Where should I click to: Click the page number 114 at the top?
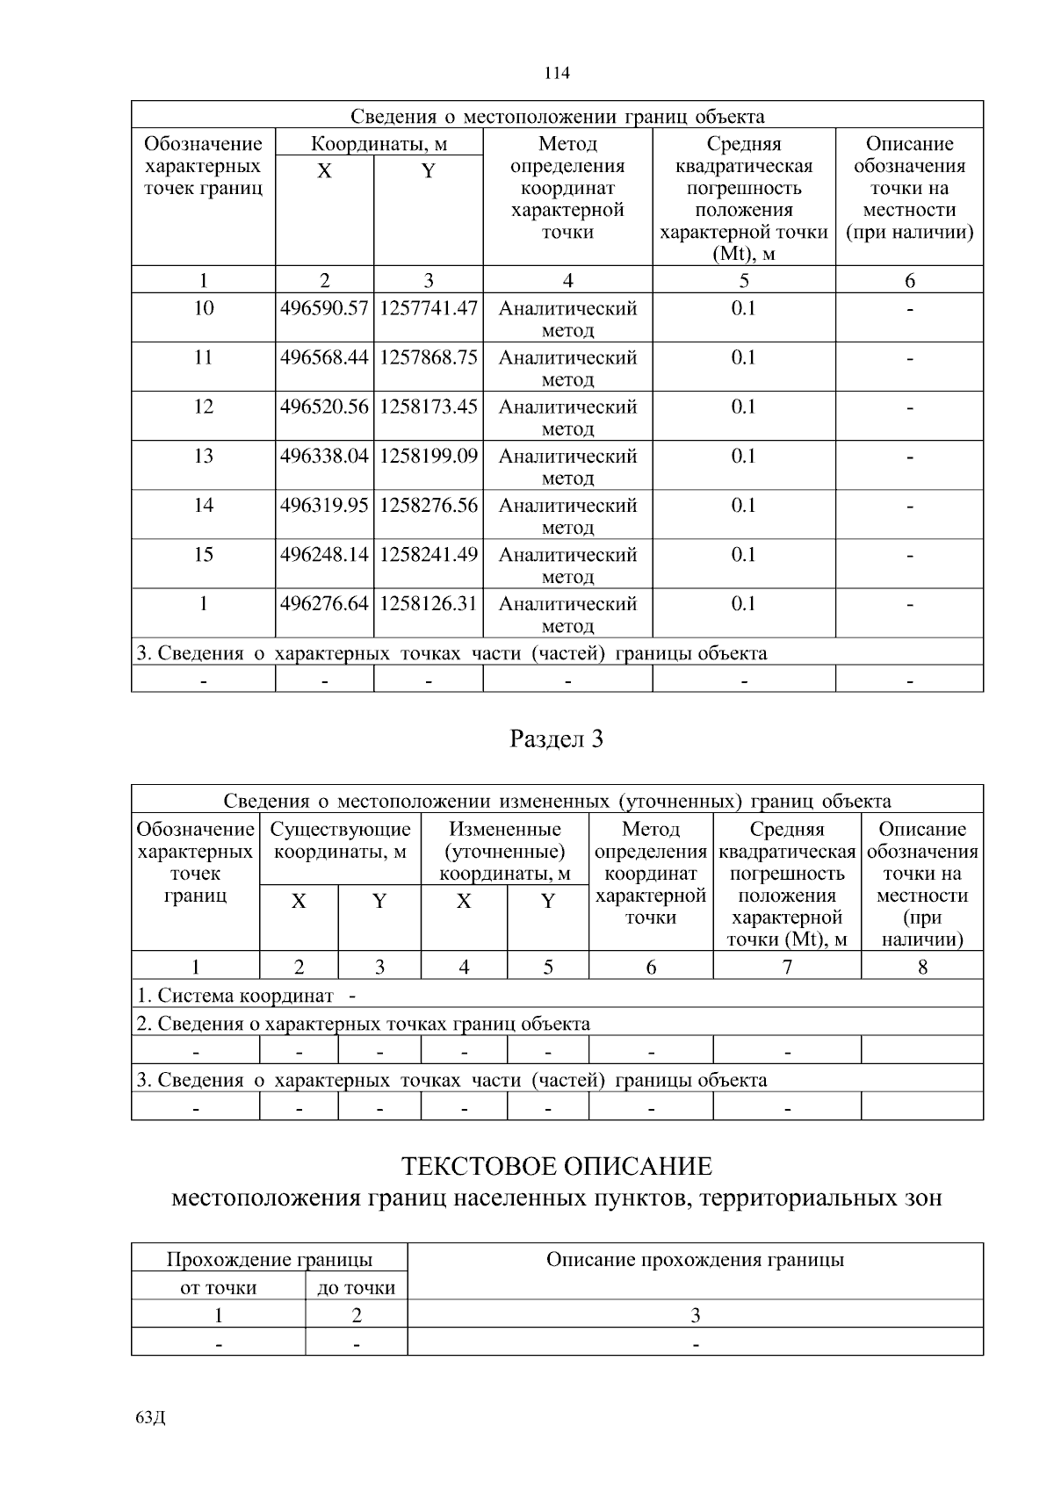(x=557, y=73)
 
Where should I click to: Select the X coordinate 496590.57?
(x=324, y=308)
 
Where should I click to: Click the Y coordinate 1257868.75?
(x=429, y=357)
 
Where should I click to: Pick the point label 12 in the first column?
(x=203, y=407)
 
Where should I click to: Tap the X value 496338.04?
(x=324, y=456)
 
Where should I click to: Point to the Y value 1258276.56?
(x=429, y=505)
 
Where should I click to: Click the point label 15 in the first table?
(x=203, y=554)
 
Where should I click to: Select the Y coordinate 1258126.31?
(x=429, y=603)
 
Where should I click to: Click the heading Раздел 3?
(x=557, y=739)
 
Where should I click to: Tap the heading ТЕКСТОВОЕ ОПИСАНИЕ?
(x=557, y=1167)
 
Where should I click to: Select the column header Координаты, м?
(x=379, y=143)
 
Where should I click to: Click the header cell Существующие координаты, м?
(x=340, y=840)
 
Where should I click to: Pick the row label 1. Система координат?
(x=235, y=996)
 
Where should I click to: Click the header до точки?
(x=356, y=1287)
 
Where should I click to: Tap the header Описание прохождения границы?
(x=695, y=1260)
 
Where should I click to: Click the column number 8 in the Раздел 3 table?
(x=922, y=967)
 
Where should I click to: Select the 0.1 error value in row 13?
(x=743, y=456)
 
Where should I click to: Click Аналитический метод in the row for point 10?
(x=567, y=319)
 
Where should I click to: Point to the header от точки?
(x=218, y=1287)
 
